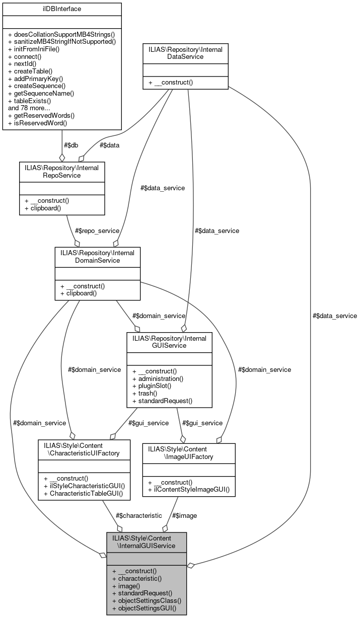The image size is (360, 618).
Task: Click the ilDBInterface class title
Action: click(x=61, y=9)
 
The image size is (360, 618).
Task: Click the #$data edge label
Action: click(x=110, y=145)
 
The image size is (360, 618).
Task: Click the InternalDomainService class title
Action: click(x=97, y=256)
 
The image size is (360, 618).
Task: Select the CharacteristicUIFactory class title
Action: click(x=85, y=449)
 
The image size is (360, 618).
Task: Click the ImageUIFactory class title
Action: click(x=189, y=453)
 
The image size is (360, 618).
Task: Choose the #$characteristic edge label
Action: click(x=138, y=515)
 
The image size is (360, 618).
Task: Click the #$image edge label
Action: click(x=184, y=515)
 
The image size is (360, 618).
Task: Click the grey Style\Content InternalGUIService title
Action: click(x=146, y=542)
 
